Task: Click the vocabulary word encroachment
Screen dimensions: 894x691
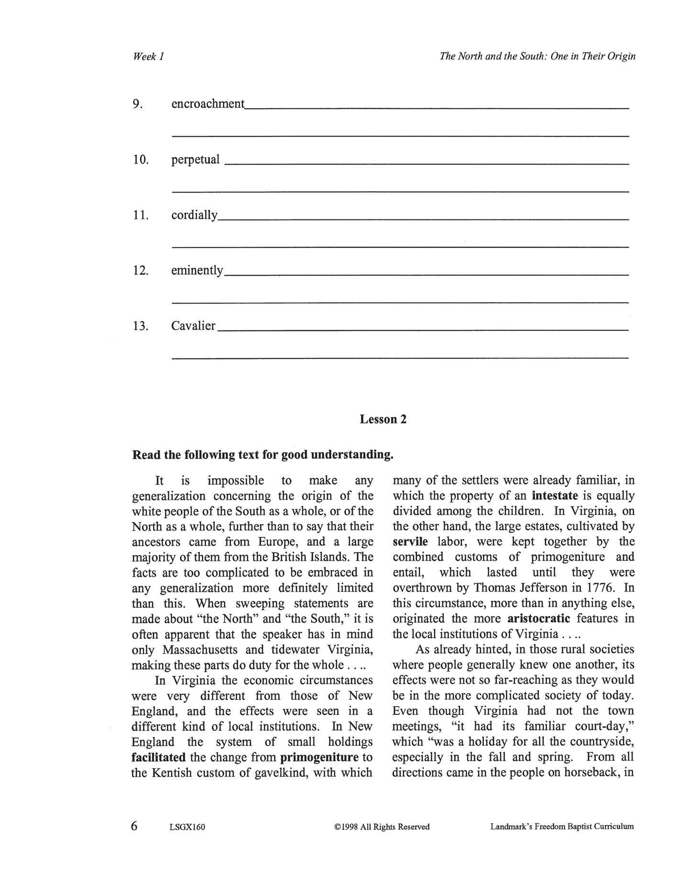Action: tap(208, 104)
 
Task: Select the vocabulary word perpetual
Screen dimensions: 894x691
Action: tap(195, 160)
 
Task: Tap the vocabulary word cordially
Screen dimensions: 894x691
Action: tap(194, 215)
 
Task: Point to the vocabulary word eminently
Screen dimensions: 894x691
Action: tap(197, 271)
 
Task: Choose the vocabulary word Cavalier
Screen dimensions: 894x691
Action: tap(193, 326)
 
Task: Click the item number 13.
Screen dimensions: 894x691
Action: tap(140, 326)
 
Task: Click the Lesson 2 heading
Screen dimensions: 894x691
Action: tap(383, 419)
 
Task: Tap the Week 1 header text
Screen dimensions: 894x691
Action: tap(148, 56)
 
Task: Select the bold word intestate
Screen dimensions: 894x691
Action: tap(555, 496)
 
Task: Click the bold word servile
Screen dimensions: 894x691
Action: tap(410, 542)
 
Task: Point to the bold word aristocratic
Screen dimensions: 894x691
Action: tap(538, 619)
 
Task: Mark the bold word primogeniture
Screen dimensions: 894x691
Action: tap(319, 757)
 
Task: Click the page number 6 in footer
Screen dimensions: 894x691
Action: tap(134, 826)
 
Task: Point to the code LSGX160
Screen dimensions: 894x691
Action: tap(187, 827)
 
